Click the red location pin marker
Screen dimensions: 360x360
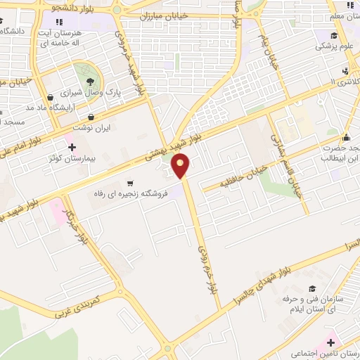tap(181, 166)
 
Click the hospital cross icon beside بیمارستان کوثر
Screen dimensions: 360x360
tap(72, 146)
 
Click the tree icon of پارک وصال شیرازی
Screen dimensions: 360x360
tap(89, 81)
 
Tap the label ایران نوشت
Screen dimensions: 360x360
tap(91, 129)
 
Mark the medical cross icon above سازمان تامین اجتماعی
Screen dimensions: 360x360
tap(330, 342)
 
